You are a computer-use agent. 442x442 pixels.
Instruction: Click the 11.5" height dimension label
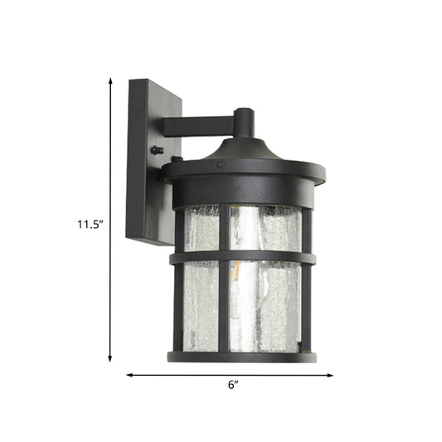point(89,223)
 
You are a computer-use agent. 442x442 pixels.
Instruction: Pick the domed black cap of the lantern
point(241,153)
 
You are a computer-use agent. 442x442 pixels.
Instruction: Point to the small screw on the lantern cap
point(220,164)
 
